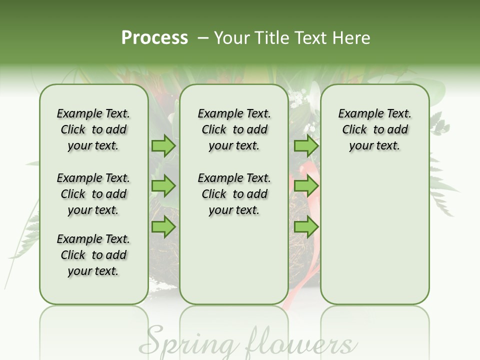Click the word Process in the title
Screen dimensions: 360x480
click(x=154, y=38)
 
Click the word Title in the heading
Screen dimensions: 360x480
click(x=269, y=38)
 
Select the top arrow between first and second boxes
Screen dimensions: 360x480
click(x=163, y=146)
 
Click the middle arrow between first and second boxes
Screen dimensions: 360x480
click(x=163, y=186)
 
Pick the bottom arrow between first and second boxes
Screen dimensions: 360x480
click(x=163, y=227)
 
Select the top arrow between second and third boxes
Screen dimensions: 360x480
click(x=306, y=146)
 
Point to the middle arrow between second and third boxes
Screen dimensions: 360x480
click(x=306, y=186)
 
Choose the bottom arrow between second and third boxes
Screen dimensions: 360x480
click(x=306, y=227)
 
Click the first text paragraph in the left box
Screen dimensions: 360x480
click(x=93, y=129)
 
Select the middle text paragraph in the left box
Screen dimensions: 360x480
click(x=93, y=194)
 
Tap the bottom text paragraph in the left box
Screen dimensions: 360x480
click(x=93, y=255)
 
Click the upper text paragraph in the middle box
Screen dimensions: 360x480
click(x=234, y=129)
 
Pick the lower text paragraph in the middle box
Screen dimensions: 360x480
click(x=234, y=194)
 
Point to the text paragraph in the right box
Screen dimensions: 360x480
click(x=374, y=129)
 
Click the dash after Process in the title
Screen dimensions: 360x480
click(x=203, y=38)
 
